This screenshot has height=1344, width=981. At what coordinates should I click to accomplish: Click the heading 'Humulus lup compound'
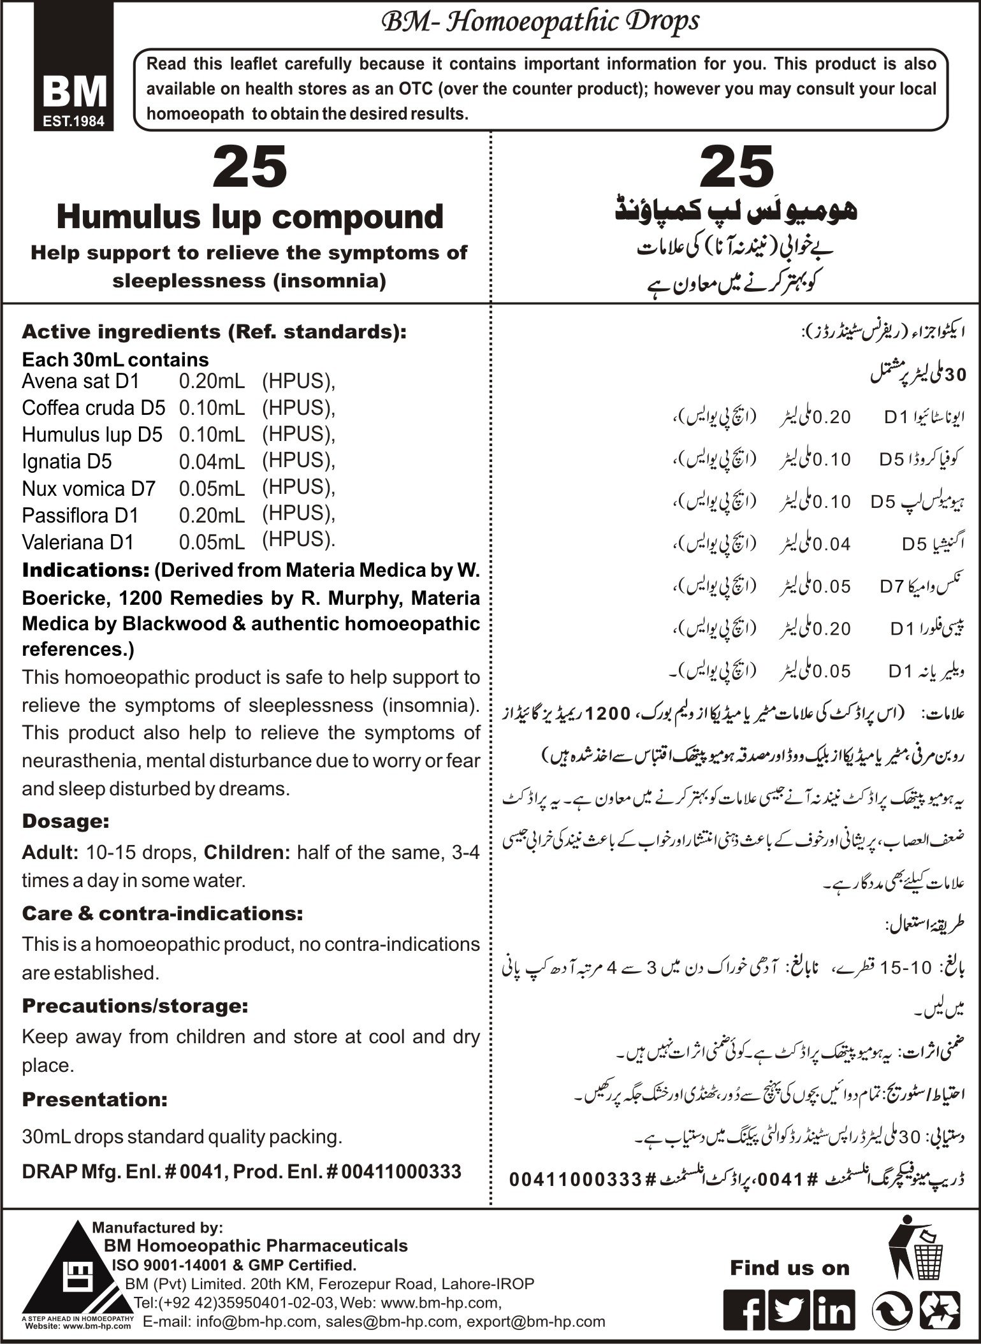[x=250, y=217]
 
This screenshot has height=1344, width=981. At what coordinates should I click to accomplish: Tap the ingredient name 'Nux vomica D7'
[x=89, y=488]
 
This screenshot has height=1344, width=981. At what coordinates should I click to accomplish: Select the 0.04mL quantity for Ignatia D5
[x=212, y=462]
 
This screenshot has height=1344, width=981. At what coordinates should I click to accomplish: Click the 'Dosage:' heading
[x=66, y=821]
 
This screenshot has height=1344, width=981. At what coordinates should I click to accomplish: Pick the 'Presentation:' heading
[x=95, y=1099]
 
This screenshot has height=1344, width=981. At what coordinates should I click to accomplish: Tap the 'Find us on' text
[x=790, y=1268]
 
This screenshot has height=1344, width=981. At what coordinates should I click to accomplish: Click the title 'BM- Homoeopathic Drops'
[x=539, y=23]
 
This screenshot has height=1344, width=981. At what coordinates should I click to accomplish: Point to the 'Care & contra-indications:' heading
[x=163, y=913]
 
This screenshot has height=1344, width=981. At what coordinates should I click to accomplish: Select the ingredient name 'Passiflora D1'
[x=80, y=515]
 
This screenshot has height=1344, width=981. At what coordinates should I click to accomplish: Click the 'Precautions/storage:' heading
[x=135, y=1006]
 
